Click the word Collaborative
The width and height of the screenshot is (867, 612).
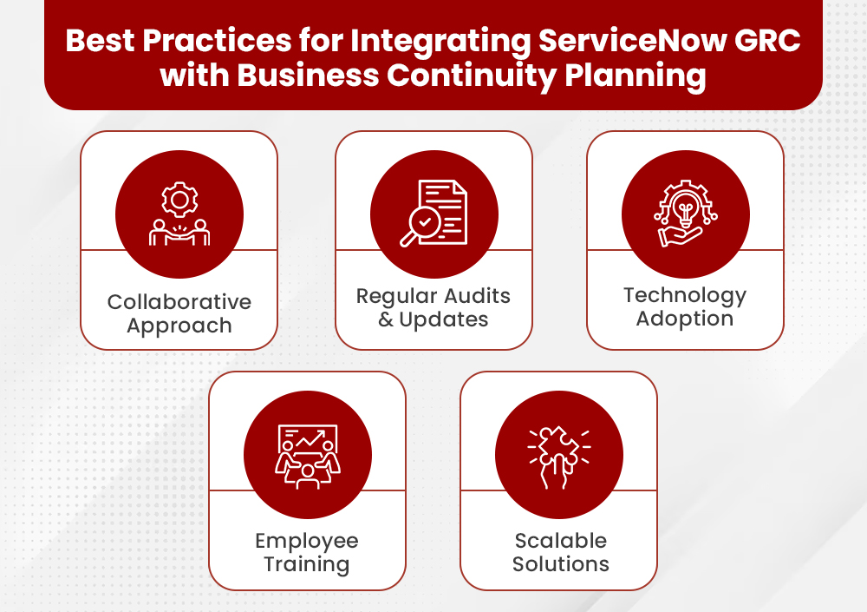(x=179, y=302)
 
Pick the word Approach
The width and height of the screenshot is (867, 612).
(x=179, y=326)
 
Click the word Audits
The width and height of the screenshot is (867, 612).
(x=473, y=295)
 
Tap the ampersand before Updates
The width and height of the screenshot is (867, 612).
(x=387, y=319)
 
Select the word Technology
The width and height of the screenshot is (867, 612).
(x=685, y=295)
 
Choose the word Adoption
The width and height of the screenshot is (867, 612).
(x=685, y=319)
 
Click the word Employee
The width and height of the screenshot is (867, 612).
(x=307, y=541)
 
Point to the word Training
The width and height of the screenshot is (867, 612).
(x=307, y=564)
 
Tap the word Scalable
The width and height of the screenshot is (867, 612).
(x=560, y=541)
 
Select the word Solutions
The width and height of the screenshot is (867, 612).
(x=560, y=564)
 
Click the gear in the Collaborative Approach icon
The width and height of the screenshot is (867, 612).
(x=179, y=201)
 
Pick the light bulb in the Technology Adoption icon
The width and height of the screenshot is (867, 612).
(x=686, y=207)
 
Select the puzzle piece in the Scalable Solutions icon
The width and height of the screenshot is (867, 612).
(x=559, y=447)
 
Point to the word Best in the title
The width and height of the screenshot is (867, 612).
(x=100, y=42)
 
